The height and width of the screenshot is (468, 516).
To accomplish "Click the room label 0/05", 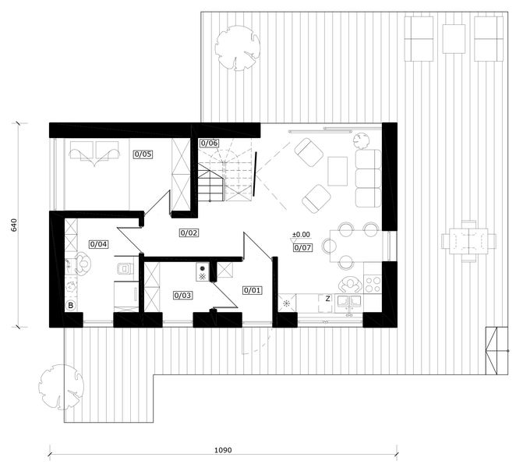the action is tap(143, 154).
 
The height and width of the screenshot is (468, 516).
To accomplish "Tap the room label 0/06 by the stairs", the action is tap(210, 143).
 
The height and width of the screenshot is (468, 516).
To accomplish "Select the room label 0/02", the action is tap(189, 233).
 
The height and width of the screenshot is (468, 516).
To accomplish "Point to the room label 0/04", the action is tap(99, 244).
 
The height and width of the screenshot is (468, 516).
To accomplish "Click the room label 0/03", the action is tap(182, 296).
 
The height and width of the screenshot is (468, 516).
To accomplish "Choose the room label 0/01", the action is tap(253, 290).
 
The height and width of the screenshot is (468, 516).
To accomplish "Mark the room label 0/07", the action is tap(302, 248).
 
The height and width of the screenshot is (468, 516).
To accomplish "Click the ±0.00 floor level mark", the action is tap(301, 235).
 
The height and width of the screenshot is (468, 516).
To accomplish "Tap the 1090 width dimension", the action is tap(223, 450).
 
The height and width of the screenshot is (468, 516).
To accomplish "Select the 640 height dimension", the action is tap(14, 225).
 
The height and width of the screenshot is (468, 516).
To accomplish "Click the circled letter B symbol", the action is tap(70, 306).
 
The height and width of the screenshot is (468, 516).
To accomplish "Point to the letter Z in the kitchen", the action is tap(328, 299).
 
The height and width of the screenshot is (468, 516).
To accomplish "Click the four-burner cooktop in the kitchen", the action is tap(373, 284).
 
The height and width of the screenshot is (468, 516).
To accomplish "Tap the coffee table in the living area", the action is tap(338, 172).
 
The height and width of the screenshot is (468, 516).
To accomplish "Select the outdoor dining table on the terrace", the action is tap(468, 242).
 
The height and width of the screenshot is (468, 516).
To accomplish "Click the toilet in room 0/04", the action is tap(124, 268).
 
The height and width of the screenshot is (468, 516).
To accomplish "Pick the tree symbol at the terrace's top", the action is tap(237, 48).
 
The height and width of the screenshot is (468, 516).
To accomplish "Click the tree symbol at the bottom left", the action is tap(61, 387).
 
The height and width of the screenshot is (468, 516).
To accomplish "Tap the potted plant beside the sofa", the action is tap(362, 140).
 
